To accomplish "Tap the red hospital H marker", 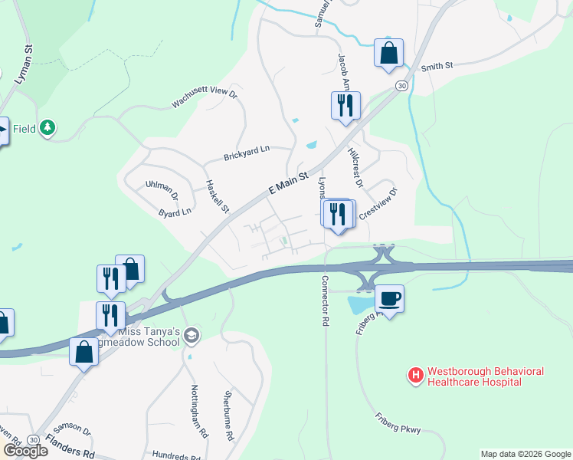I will click(x=415, y=375).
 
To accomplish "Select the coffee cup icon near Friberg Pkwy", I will click(x=389, y=298).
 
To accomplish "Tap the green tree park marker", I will click(x=48, y=127).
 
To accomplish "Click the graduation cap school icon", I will click(x=192, y=334).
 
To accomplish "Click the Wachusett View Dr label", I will click(x=205, y=98).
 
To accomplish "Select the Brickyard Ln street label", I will click(x=247, y=153).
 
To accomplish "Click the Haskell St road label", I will click(x=217, y=197).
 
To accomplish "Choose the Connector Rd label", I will click(x=326, y=302).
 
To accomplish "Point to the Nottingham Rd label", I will click(x=199, y=411).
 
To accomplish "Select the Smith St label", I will click(x=437, y=67).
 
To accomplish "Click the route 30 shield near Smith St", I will click(x=401, y=87).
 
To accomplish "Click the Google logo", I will click(x=25, y=450).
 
